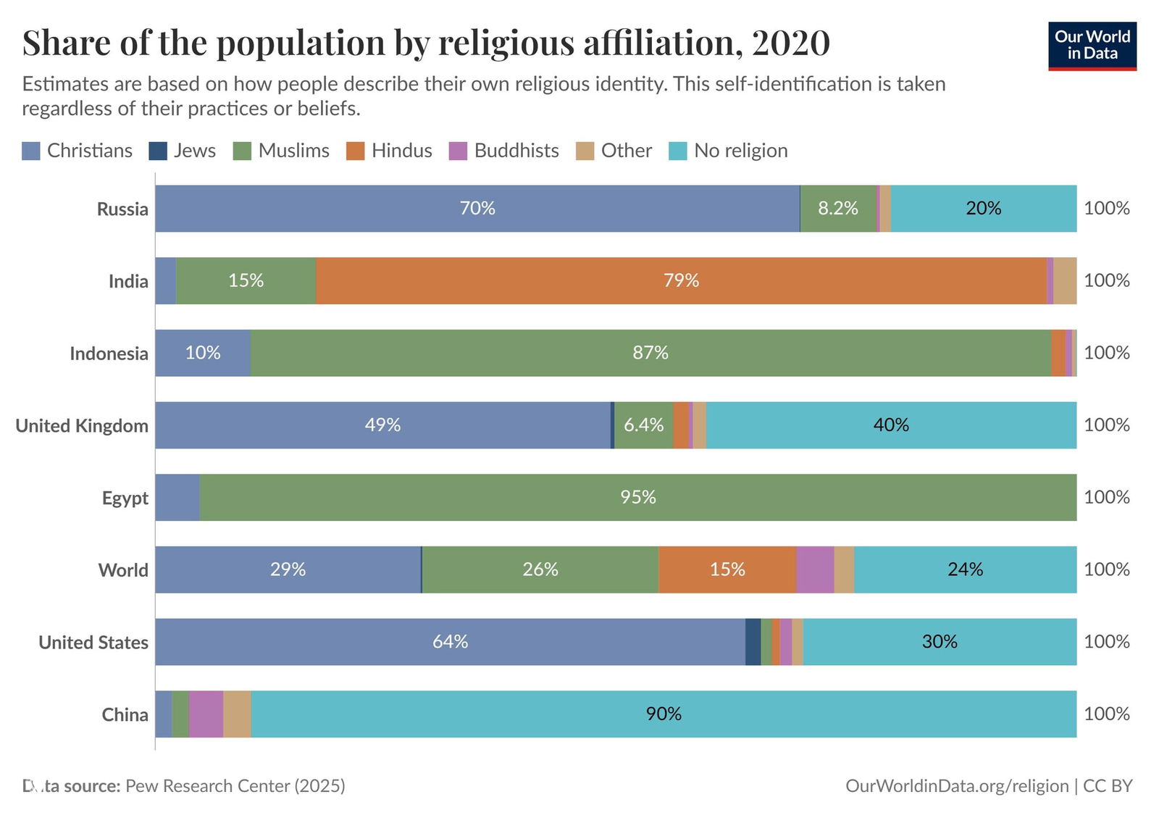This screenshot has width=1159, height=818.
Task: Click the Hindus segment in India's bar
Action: (x=681, y=280)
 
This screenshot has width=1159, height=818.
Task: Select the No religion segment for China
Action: (x=663, y=714)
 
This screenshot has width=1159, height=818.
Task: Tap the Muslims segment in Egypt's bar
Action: (x=637, y=497)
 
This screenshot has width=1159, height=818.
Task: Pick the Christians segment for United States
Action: (x=450, y=642)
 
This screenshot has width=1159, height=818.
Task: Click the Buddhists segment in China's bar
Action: (x=206, y=714)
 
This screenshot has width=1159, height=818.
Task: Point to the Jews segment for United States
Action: (x=753, y=642)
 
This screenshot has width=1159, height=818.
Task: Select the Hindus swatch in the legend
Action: (x=356, y=151)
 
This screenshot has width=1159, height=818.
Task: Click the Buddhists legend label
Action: (x=516, y=151)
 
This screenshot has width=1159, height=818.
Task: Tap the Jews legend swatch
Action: (x=158, y=151)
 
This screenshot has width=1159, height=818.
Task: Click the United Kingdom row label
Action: (x=82, y=425)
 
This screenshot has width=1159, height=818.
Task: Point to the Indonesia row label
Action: (x=109, y=354)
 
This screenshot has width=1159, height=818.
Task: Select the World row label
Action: (x=123, y=570)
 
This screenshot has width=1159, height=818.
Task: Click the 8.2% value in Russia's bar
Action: (x=837, y=209)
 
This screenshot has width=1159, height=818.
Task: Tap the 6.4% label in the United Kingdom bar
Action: (x=643, y=425)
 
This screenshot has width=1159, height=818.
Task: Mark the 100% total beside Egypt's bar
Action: (x=1106, y=497)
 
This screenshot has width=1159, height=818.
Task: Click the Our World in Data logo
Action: (x=1092, y=46)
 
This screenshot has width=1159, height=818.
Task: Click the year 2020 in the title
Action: (x=790, y=43)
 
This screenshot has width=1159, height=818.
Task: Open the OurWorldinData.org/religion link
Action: (x=956, y=785)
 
